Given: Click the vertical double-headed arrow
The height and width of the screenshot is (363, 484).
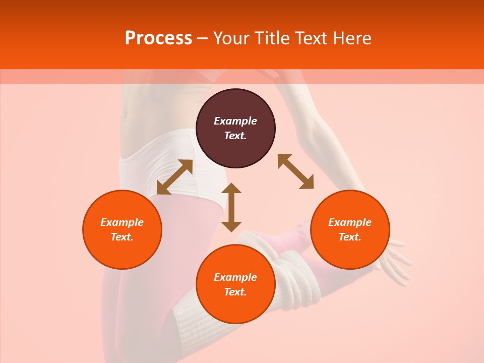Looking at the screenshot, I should [231, 207].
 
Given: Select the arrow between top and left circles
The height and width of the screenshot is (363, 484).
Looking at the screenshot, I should [174, 177].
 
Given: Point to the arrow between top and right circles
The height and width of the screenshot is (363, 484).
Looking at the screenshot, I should [296, 171].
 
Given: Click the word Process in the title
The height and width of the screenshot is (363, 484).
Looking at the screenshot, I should [158, 38].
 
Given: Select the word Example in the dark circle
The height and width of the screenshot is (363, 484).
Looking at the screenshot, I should [235, 121].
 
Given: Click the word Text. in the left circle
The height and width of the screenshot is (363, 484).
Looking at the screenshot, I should [122, 237].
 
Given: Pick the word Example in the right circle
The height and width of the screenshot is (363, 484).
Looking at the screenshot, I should [350, 222].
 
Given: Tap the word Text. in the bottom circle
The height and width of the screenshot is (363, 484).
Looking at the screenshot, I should [235, 292].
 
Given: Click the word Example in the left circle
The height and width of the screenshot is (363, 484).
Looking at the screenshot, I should [122, 222].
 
